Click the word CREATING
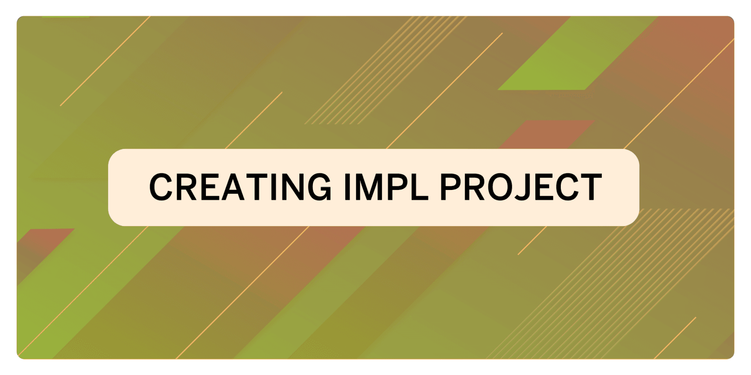point(240,187)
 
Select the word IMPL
point(386,187)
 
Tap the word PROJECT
point(521,187)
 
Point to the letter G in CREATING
point(319,187)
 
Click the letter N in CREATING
point(290,187)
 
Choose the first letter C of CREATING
point(162,187)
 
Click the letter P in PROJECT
point(451,187)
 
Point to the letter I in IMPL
point(347,187)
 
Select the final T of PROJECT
point(591,187)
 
